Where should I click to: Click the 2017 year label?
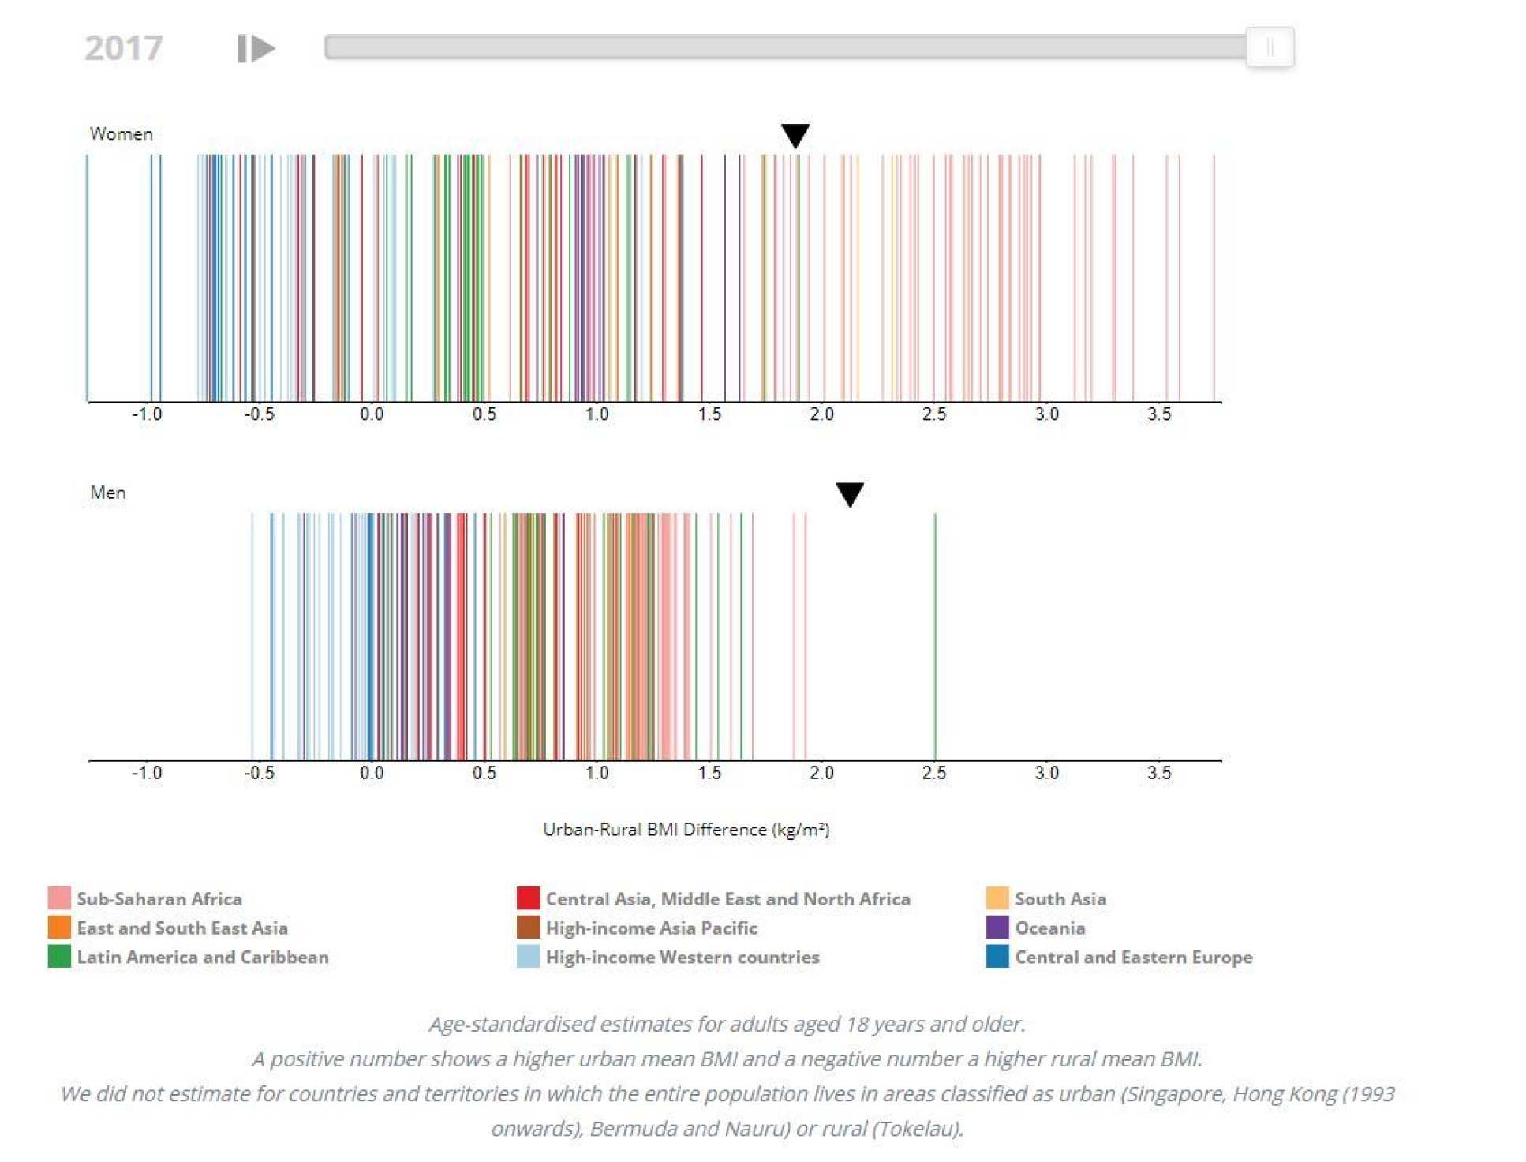pos(123,48)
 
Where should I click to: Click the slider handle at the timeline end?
pos(1269,47)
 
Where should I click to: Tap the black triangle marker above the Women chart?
pos(795,135)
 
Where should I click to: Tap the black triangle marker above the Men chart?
pos(849,493)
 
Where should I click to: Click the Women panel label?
pos(121,134)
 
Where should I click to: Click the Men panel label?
pos(107,493)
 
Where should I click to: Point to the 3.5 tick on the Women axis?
pos(1158,414)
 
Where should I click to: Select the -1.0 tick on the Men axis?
pos(147,773)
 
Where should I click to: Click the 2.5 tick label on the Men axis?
pos(933,773)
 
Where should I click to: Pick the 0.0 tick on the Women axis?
pos(372,414)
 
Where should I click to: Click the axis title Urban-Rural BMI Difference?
pos(686,830)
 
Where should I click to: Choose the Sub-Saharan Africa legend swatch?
pos(59,898)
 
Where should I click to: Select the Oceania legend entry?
pos(1049,928)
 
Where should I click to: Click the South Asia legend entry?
pos(1060,899)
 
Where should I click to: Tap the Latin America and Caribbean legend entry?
pos(202,958)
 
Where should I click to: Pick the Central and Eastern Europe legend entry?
pos(1133,958)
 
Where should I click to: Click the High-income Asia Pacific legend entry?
pos(651,928)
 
